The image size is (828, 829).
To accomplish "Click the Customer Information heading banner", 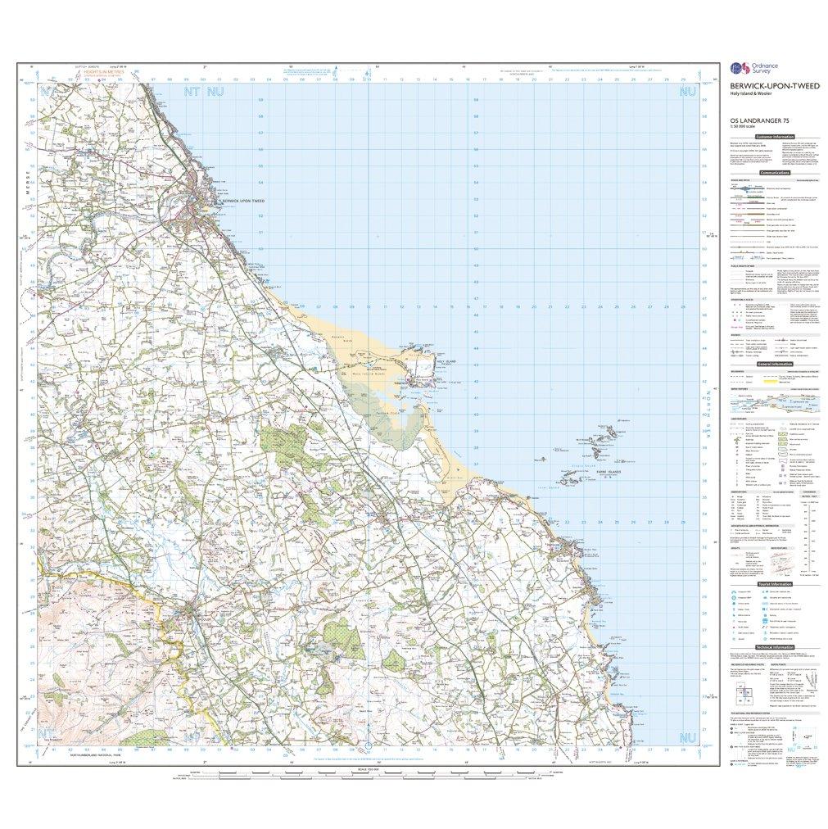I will coord(774,136).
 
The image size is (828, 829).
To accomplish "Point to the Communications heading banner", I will coord(774,173).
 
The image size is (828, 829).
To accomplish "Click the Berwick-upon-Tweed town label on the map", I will coord(239,201).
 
